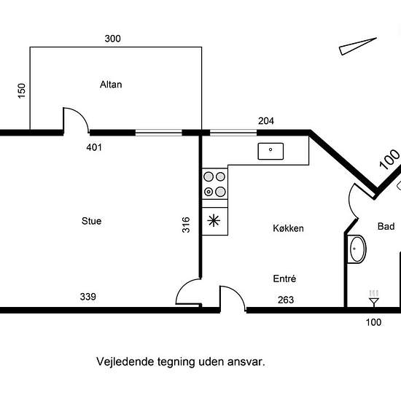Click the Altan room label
click(x=111, y=85)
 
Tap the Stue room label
click(x=92, y=221)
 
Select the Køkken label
click(x=288, y=228)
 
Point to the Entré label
click(x=284, y=279)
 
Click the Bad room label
click(x=386, y=226)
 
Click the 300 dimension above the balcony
click(x=112, y=39)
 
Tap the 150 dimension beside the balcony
click(x=22, y=90)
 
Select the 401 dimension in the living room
click(x=94, y=147)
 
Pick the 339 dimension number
click(x=88, y=297)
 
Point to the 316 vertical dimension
click(x=186, y=225)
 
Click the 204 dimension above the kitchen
click(x=266, y=121)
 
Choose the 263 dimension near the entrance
click(x=286, y=300)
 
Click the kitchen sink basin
click(x=270, y=151)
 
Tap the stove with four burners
click(x=215, y=184)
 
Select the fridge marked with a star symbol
click(x=215, y=221)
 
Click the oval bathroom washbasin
click(x=357, y=249)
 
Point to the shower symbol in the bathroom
click(x=374, y=298)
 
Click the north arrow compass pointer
click(x=358, y=46)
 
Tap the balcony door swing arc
click(x=82, y=116)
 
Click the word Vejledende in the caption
click(x=125, y=362)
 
